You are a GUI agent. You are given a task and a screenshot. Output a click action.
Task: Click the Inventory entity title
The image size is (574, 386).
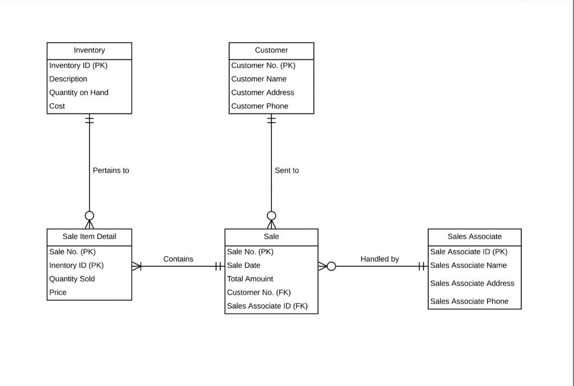89,50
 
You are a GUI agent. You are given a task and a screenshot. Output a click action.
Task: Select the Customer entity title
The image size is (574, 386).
271,50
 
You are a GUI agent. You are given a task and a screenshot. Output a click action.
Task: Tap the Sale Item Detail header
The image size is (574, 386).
89,237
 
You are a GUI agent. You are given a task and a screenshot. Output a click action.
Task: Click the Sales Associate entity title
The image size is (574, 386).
474,237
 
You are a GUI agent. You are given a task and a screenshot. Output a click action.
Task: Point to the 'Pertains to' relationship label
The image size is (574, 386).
111,171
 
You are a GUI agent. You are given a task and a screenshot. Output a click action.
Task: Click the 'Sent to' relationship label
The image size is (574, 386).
286,171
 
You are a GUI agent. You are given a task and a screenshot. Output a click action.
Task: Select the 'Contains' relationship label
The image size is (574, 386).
178,259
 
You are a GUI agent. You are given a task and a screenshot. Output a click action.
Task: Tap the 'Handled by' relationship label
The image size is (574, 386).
379,259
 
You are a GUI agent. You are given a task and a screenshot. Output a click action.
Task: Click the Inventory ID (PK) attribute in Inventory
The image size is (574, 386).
78,66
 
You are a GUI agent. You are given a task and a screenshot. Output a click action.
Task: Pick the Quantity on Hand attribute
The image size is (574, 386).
78,93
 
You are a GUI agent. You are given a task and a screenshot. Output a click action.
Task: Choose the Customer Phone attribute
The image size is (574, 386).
260,106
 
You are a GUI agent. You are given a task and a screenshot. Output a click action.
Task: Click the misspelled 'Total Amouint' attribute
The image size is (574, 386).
250,279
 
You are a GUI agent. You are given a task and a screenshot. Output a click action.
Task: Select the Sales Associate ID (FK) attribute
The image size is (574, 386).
267,306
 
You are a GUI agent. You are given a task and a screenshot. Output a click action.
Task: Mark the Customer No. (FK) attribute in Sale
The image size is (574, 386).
258,292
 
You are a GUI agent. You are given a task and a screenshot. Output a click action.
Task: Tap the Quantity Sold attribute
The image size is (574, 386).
72,279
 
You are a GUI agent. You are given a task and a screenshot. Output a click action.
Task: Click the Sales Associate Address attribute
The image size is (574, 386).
472,283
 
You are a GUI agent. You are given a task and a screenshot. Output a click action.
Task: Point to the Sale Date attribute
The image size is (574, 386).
243,265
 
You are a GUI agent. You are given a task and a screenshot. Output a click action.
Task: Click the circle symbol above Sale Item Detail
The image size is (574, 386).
89,215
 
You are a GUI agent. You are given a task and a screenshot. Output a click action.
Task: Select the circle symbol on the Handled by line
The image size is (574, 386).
331,266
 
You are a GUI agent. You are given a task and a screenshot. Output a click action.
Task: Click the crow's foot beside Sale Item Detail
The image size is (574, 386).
137,266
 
